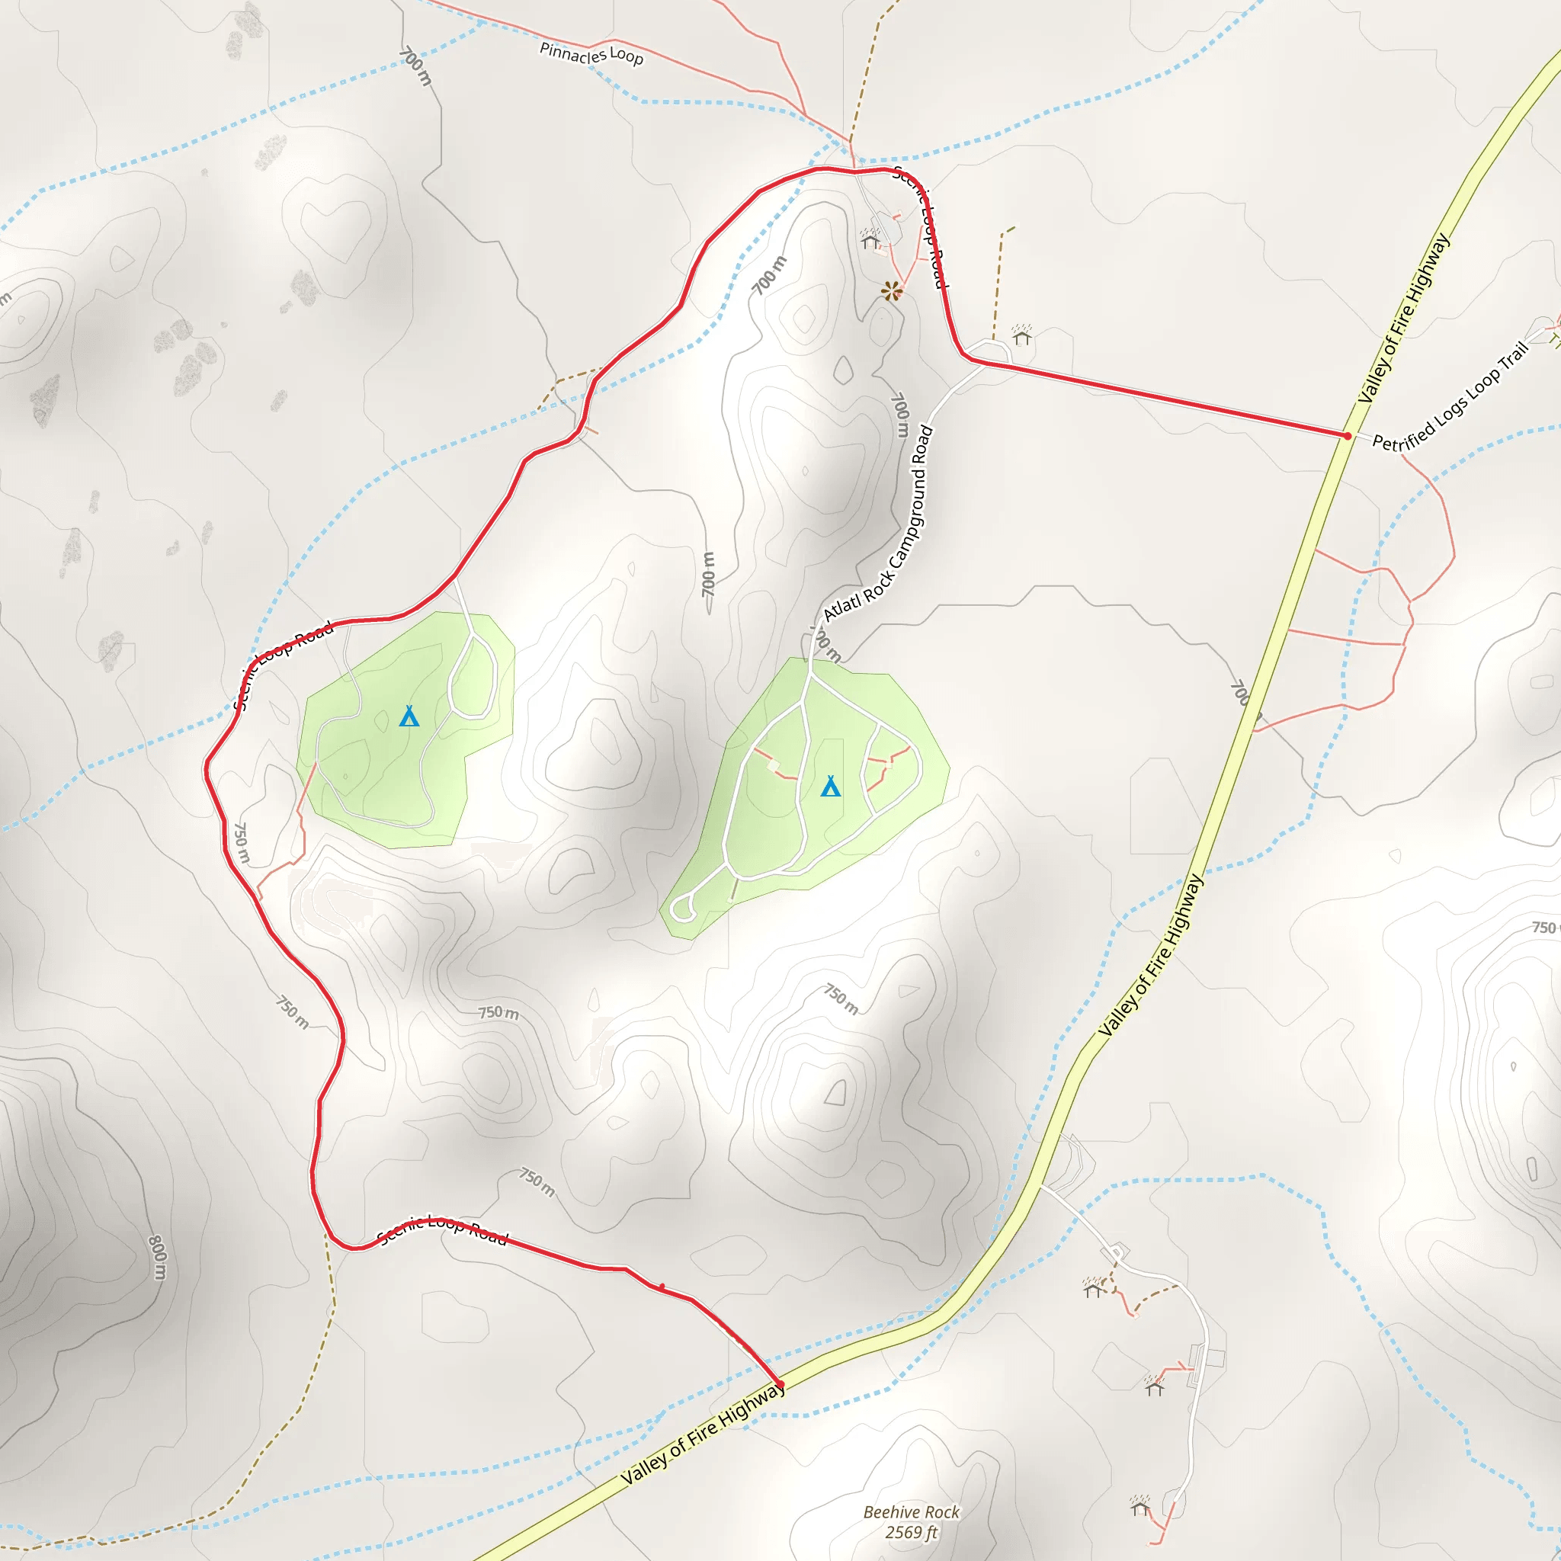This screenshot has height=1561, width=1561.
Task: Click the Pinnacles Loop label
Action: click(x=591, y=54)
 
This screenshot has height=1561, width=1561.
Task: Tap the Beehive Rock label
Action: click(x=912, y=1511)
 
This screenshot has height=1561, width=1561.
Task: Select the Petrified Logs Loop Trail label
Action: click(x=1450, y=396)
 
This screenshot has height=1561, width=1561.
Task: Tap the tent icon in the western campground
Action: click(x=409, y=716)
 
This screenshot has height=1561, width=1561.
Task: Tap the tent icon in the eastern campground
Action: click(x=831, y=786)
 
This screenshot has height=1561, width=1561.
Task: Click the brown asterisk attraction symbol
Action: click(x=891, y=291)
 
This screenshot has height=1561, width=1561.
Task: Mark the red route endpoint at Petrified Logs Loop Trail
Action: click(x=1347, y=436)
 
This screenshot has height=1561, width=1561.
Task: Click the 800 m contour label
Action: click(x=158, y=1257)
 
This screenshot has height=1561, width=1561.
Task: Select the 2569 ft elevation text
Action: click(x=912, y=1532)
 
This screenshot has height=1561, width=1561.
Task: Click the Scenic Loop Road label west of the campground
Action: click(x=283, y=664)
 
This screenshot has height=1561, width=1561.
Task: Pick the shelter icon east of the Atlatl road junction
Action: click(x=1022, y=335)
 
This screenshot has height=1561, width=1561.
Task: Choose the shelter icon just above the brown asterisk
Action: click(x=870, y=240)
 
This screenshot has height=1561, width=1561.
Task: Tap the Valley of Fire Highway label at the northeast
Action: click(x=1404, y=319)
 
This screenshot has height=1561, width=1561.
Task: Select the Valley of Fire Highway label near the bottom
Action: click(x=703, y=1434)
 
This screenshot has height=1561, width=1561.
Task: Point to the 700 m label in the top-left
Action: click(x=416, y=66)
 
